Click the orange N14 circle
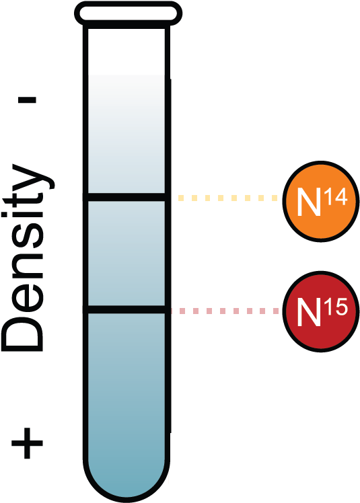point(320,199)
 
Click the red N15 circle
point(320,311)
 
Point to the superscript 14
point(335,195)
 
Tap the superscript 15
point(335,307)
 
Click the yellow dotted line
point(227,198)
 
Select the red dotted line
point(225,311)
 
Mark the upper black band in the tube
point(127,197)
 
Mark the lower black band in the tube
point(127,309)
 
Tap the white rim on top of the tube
point(128,13)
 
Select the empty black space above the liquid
point(127,50)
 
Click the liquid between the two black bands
point(127,253)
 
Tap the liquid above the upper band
point(127,134)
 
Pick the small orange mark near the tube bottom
point(168,478)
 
